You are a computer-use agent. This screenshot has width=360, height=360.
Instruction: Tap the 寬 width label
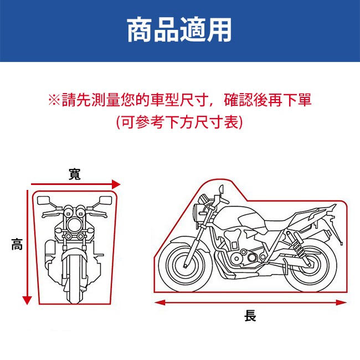pyautogui.click(x=74, y=175)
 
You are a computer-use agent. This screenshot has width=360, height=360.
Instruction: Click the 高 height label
pyautogui.click(x=17, y=244)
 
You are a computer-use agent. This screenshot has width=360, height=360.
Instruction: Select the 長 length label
pyautogui.click(x=250, y=316)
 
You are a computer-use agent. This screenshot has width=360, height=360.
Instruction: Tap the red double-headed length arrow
pyautogui.click(x=250, y=302)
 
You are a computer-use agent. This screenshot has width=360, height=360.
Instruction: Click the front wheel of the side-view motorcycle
pyautogui.click(x=190, y=261)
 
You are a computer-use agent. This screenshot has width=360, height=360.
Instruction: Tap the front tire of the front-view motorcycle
pyautogui.click(x=73, y=277)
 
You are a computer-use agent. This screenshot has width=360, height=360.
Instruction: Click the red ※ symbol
pyautogui.click(x=54, y=101)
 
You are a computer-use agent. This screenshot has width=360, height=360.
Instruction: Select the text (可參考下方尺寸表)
pyautogui.click(x=179, y=121)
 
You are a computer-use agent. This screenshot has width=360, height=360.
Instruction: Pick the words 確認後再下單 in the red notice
pyautogui.click(x=268, y=101)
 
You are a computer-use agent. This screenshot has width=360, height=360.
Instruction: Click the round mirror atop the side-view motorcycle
pyautogui.click(x=223, y=190)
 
